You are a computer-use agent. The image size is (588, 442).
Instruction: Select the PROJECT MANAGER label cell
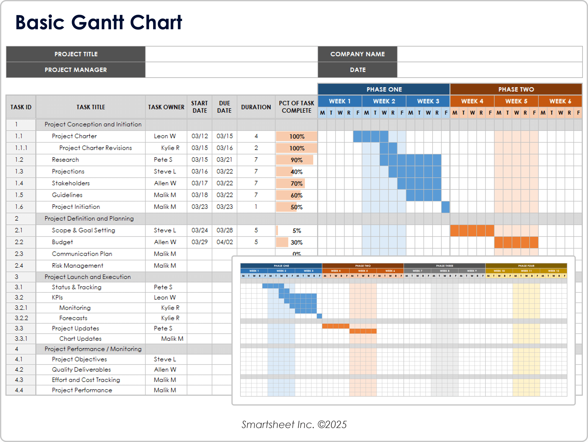click(76, 70)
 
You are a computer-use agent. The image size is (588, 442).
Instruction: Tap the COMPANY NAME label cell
click(357, 54)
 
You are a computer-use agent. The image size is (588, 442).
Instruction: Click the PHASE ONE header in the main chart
click(384, 89)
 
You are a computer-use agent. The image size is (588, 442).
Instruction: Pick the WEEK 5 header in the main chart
click(516, 101)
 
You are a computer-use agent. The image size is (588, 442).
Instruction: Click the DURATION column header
click(256, 107)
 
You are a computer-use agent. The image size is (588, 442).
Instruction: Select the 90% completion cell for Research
click(296, 160)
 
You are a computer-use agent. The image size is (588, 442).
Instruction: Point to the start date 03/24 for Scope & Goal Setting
click(199, 230)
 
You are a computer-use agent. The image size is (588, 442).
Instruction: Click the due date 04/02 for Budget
click(224, 242)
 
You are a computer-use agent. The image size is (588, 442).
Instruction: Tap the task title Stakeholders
click(71, 183)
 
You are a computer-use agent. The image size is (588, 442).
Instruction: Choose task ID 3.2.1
click(21, 308)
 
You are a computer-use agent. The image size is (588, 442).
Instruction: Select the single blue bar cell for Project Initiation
click(445, 207)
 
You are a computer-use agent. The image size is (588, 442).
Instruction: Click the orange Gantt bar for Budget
click(516, 242)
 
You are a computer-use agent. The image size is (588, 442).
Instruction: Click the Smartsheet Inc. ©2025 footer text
click(294, 424)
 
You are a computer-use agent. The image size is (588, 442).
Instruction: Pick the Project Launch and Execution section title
click(88, 277)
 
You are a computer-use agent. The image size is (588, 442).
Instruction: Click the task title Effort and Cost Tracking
click(86, 380)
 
